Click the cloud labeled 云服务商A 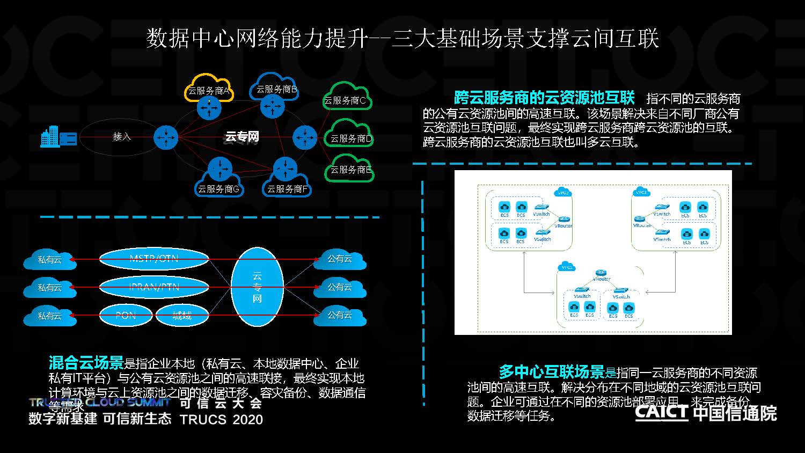point(208,91)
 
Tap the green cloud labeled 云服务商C point(346,99)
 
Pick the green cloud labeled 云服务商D point(350,138)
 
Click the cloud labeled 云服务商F point(287,188)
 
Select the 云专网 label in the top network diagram point(241,137)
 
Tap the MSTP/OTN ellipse point(153,259)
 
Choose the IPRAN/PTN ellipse point(153,287)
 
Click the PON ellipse point(126,316)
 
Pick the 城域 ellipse point(181,316)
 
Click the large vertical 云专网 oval point(257,287)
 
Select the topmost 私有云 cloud point(49,260)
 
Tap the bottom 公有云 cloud point(340,315)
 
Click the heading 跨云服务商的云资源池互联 point(544,98)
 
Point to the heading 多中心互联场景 point(552,371)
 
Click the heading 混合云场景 point(86,363)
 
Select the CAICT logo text point(661,412)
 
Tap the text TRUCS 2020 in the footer point(221,419)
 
